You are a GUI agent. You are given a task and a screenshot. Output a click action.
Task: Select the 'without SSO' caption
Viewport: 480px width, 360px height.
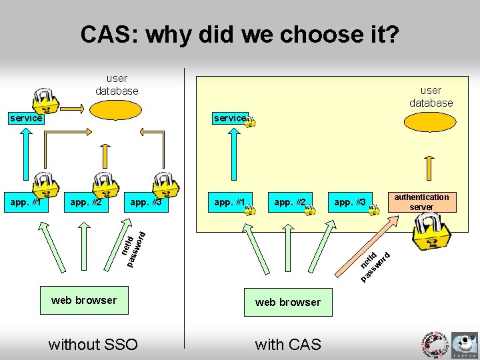click(x=93, y=344)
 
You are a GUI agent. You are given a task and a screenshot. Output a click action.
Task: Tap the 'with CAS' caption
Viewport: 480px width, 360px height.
click(x=288, y=344)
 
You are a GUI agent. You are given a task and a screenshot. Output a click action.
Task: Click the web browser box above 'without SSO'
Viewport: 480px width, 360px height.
click(x=84, y=300)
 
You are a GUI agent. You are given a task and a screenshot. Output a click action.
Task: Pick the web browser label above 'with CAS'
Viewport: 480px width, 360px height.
click(x=288, y=302)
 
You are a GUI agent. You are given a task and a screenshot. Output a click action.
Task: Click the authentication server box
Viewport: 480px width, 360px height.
click(x=421, y=202)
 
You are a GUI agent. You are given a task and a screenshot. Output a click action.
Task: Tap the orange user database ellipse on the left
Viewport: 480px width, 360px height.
click(x=116, y=109)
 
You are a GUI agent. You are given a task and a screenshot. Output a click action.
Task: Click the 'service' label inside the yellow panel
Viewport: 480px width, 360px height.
click(x=229, y=118)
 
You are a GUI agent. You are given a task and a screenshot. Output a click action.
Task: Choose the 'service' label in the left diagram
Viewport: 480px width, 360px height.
click(x=25, y=118)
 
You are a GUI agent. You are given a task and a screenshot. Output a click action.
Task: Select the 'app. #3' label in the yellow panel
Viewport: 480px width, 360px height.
click(x=350, y=202)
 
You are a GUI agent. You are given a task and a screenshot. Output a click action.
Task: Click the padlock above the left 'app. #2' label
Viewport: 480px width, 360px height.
click(x=105, y=185)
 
